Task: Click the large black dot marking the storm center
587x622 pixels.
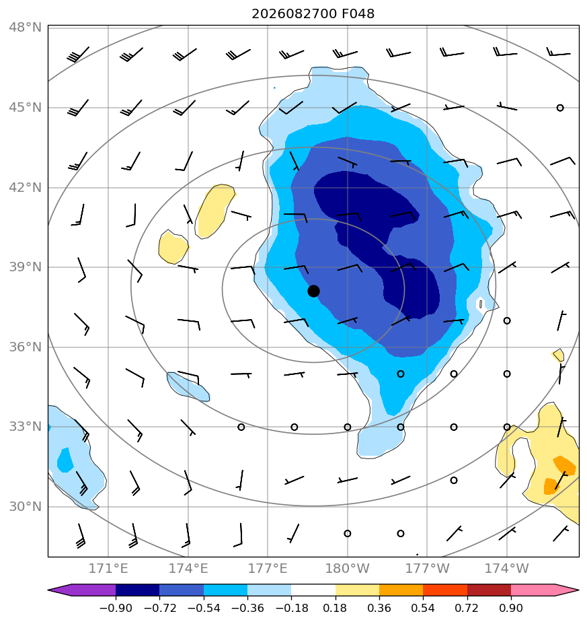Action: [x=313, y=291]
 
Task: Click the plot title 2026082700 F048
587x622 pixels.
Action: [x=313, y=14]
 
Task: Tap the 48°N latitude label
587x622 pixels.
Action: [x=25, y=28]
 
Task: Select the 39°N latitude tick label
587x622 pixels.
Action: [x=25, y=267]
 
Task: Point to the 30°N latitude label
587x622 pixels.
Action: [x=25, y=507]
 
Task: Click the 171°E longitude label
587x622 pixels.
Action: [x=108, y=569]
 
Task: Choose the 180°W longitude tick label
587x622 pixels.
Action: [x=347, y=569]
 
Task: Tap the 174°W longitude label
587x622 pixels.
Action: [x=506, y=569]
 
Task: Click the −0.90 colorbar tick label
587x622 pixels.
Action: [x=116, y=608]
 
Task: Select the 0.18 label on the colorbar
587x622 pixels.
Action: [x=335, y=608]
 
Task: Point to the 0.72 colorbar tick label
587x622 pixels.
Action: [x=467, y=608]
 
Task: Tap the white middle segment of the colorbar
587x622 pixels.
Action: [x=313, y=590]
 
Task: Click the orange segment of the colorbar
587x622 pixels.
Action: [x=401, y=590]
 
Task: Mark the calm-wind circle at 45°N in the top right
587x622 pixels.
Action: [x=560, y=108]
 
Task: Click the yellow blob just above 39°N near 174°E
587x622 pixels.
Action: [x=173, y=247]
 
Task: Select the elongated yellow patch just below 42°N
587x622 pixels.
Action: [x=214, y=211]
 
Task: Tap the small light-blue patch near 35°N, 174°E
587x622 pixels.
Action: [x=188, y=387]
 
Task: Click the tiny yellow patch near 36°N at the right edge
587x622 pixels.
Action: [x=558, y=355]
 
